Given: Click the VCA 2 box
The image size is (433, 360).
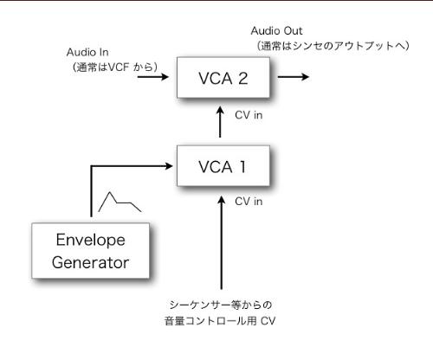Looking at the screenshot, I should (223, 80).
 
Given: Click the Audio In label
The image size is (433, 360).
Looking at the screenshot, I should (89, 51).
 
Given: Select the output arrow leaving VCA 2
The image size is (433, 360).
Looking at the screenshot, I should (292, 76).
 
